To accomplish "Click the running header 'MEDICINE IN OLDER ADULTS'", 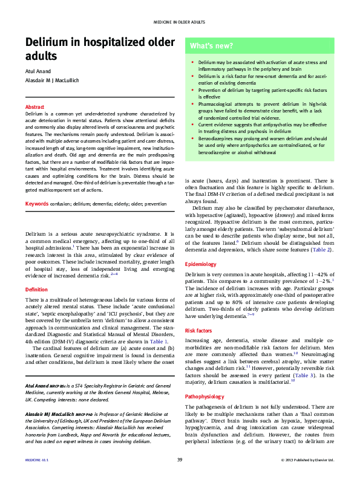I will tap(180, 22).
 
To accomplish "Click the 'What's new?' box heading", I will tap(211, 45).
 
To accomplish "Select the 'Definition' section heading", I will tap(37, 290).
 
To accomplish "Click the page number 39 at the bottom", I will tap(180, 460).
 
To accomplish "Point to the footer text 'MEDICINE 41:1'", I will tap(37, 460).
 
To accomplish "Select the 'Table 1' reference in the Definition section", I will tap(158, 341).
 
